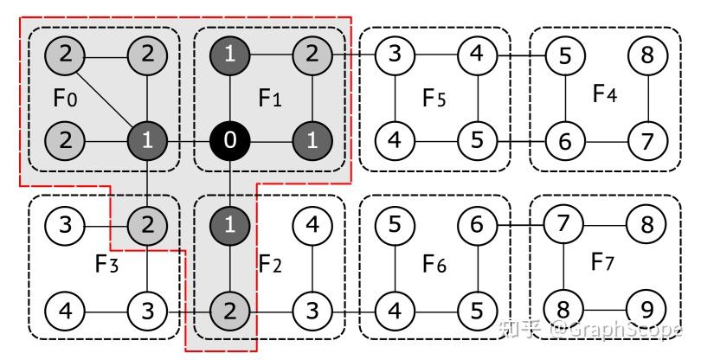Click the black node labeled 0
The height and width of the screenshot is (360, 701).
[229, 141]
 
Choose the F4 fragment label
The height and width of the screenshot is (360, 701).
[605, 93]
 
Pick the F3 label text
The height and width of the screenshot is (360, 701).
[106, 264]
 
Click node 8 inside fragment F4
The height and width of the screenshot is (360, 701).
[648, 57]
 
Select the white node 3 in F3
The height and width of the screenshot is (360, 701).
[147, 309]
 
